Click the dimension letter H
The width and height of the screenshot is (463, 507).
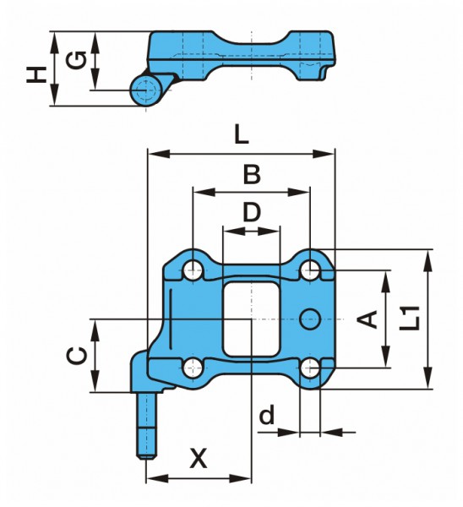36,74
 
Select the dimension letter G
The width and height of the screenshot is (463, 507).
76,60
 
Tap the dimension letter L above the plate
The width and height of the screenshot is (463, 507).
242,134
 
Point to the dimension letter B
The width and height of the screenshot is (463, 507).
252,174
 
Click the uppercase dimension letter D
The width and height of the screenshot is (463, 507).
252,212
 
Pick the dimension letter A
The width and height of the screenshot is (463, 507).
368,319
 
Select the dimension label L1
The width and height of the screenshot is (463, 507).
409,319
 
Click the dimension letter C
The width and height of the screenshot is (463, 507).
77,356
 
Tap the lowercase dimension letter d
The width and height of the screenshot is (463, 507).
267,415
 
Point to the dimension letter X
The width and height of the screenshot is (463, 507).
199,459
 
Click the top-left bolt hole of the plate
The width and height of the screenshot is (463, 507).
193,270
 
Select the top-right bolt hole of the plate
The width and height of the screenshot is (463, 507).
310,270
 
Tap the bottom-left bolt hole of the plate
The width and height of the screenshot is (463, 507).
193,368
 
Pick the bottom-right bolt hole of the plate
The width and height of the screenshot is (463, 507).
310,368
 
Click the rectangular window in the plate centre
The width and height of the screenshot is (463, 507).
251,319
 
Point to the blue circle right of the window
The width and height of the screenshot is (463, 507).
310,319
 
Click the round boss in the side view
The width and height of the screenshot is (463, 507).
146,90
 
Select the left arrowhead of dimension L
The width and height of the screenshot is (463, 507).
159,154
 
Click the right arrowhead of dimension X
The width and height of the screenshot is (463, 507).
240,478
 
